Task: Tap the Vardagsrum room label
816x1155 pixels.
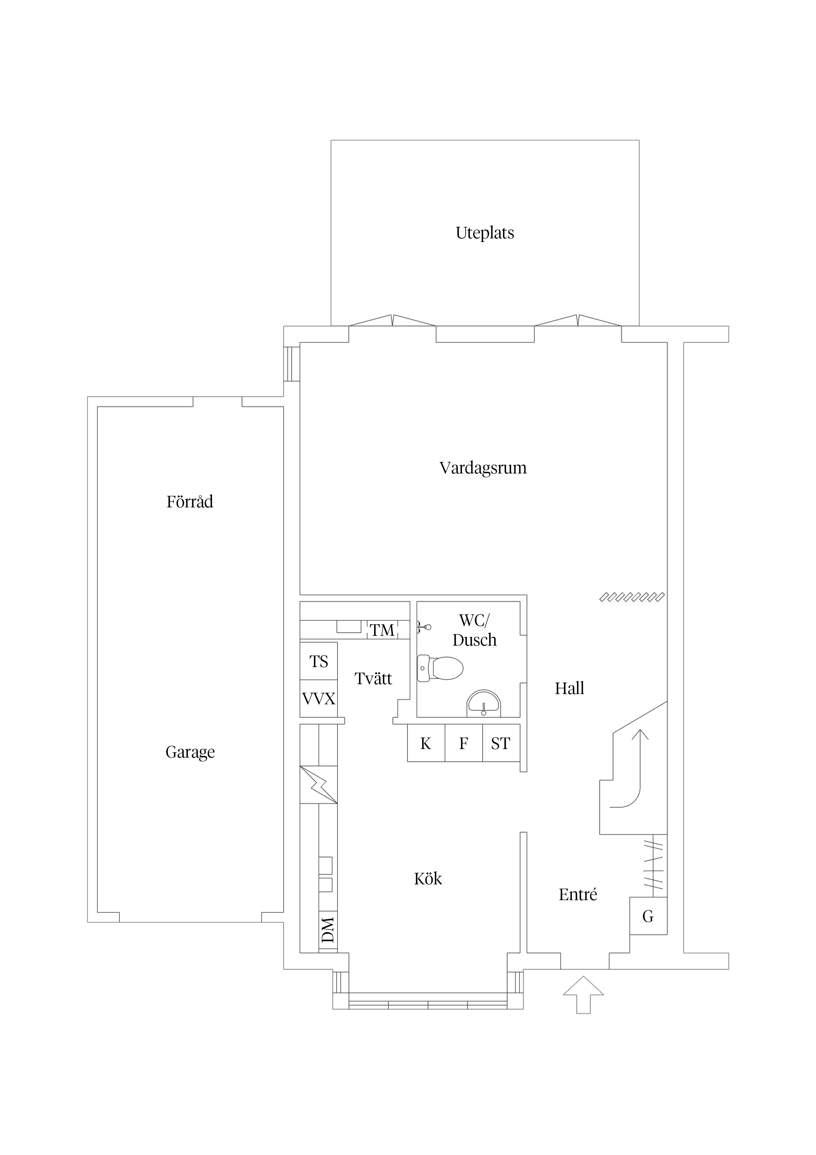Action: [483, 468]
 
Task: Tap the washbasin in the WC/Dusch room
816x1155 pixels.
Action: [484, 703]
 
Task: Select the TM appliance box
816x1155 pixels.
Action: [383, 630]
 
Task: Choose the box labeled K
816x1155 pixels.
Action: [426, 743]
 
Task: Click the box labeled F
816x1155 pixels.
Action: [464, 743]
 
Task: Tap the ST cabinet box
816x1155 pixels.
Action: [501, 743]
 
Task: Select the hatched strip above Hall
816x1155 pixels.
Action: [632, 597]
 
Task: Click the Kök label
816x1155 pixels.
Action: [428, 879]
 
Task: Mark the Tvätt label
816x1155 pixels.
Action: [373, 679]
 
